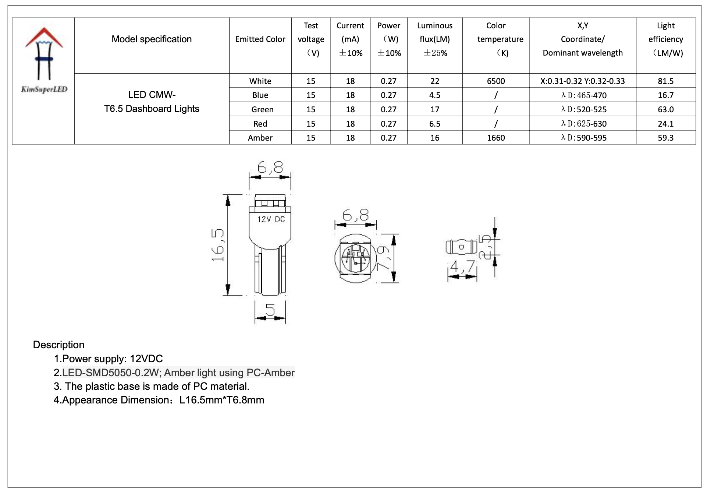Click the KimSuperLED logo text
coord(44,89)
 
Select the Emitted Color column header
coord(260,39)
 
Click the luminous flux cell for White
coord(434,81)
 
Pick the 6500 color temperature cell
coord(495,81)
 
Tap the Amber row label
coord(260,138)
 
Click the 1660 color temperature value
coord(495,138)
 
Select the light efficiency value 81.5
coord(665,81)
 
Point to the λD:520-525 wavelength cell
coord(583,109)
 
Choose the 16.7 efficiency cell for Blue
coord(665,95)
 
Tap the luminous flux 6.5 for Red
coord(434,124)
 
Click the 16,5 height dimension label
coord(218,245)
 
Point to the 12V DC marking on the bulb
coord(271,219)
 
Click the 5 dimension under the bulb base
coord(270,310)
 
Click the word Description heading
coord(58,345)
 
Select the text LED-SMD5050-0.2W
coord(110,373)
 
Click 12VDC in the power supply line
coord(146,359)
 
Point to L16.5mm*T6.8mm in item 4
coord(221,400)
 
